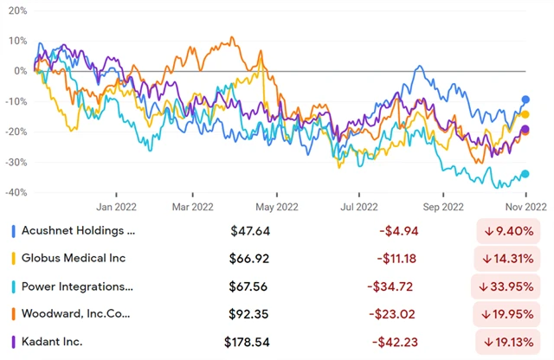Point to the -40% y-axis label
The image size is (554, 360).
(x=15, y=192)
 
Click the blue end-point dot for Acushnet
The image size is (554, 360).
(x=525, y=100)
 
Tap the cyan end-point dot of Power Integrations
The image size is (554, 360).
(x=525, y=174)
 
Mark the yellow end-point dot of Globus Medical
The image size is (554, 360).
(x=525, y=114)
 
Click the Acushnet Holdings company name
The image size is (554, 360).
(x=80, y=231)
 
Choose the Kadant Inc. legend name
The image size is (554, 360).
(x=52, y=341)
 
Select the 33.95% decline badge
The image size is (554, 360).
(x=512, y=286)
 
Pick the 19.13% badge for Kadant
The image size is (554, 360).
(x=512, y=342)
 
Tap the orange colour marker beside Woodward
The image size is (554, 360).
(x=12, y=313)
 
